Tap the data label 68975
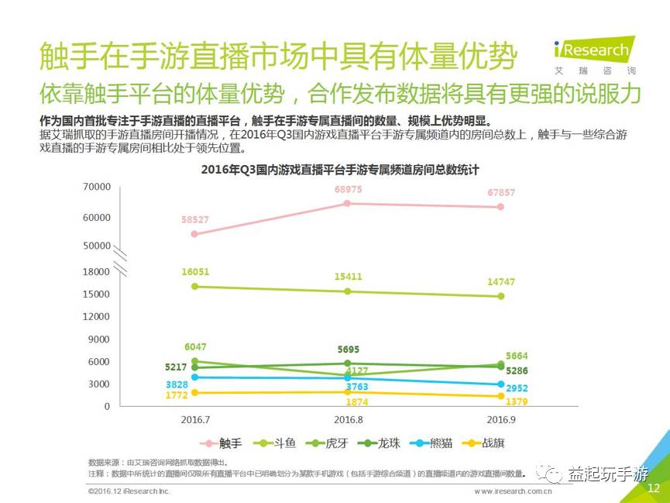[x=349, y=189]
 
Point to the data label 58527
[x=195, y=220]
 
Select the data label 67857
[x=500, y=192]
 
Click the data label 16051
[x=195, y=272]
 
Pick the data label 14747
[x=500, y=282]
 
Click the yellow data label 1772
[x=177, y=396]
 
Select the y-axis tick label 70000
[x=98, y=187]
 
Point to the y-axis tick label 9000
[x=101, y=339]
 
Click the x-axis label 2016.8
[x=348, y=419]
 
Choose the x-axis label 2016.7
[x=194, y=419]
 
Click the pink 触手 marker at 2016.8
[x=347, y=203]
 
